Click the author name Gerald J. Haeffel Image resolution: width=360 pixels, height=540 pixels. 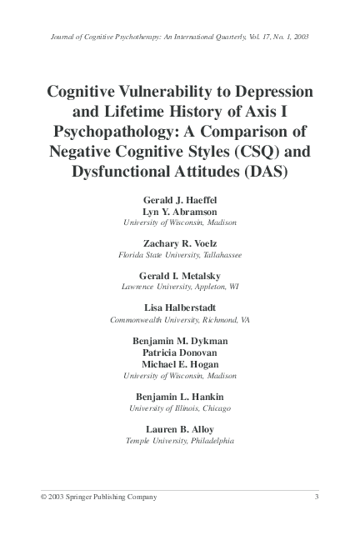coord(180,202)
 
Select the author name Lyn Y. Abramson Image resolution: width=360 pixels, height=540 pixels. coord(180,212)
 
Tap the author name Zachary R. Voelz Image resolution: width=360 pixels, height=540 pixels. coord(180,244)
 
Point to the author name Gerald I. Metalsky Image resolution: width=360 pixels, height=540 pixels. coord(180,276)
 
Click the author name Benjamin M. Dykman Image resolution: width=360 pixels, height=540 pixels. coord(180,341)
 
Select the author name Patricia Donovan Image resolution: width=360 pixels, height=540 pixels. coord(180,352)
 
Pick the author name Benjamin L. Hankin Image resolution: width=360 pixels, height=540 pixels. coord(180,397)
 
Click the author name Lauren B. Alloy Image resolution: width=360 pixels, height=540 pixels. coord(180,429)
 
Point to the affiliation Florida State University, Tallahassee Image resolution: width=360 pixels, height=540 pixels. coord(180,255)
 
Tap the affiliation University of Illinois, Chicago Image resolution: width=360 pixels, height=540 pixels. coord(180,408)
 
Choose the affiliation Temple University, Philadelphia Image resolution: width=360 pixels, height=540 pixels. coord(180,440)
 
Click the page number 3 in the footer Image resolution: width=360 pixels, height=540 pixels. coord(317,497)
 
